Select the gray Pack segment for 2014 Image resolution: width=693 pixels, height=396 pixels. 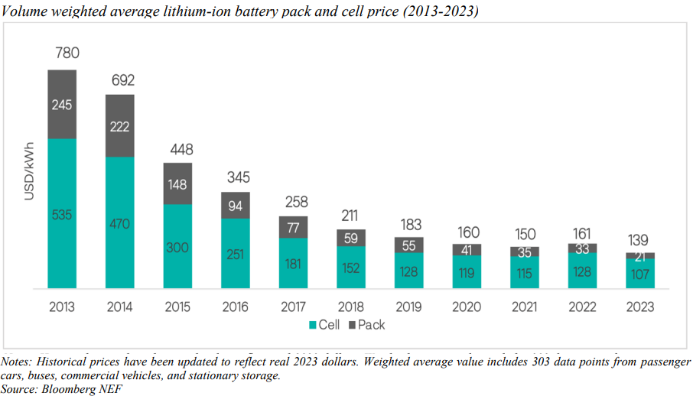(x=119, y=125)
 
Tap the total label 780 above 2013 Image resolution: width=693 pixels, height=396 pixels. (x=67, y=54)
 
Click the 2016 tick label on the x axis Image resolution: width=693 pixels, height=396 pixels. (x=235, y=307)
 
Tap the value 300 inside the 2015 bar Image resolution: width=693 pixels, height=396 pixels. (x=177, y=248)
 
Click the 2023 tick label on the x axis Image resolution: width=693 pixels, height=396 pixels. (x=640, y=307)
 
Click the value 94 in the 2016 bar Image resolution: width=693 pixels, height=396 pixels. (x=235, y=205)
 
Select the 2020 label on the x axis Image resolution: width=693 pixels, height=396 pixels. (x=467, y=307)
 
